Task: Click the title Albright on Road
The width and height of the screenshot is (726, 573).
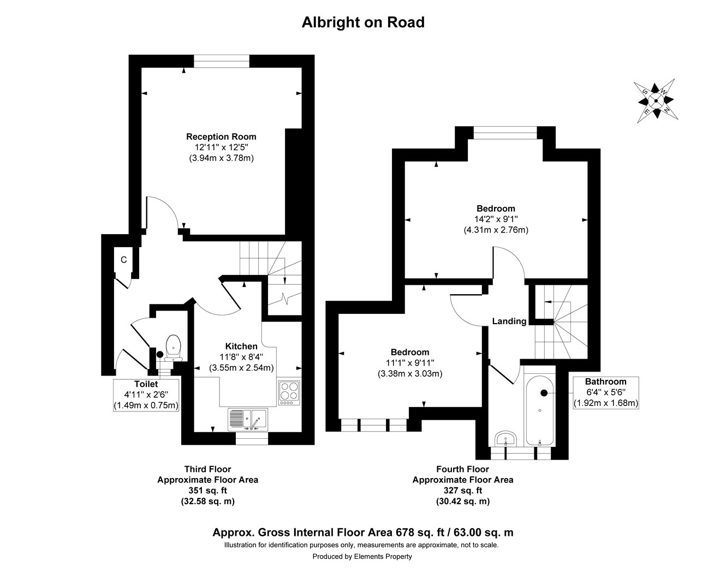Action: click(x=363, y=22)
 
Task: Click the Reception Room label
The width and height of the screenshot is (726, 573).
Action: click(x=221, y=136)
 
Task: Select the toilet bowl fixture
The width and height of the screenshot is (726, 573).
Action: click(x=174, y=345)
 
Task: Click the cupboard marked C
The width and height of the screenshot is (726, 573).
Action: click(x=124, y=260)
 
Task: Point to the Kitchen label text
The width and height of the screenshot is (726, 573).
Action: click(x=241, y=346)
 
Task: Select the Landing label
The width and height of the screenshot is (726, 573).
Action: click(x=509, y=321)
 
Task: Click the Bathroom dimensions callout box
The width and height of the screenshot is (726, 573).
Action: click(x=605, y=392)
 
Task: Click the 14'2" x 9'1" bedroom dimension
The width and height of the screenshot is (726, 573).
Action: click(x=496, y=219)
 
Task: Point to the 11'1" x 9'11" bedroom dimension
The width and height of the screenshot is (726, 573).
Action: click(x=409, y=363)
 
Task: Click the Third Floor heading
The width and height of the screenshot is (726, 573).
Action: click(x=207, y=469)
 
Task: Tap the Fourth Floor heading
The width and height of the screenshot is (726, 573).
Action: click(x=462, y=469)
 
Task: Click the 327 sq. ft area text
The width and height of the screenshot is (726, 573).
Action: click(x=462, y=491)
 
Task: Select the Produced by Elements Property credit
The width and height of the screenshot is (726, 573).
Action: click(x=362, y=557)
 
